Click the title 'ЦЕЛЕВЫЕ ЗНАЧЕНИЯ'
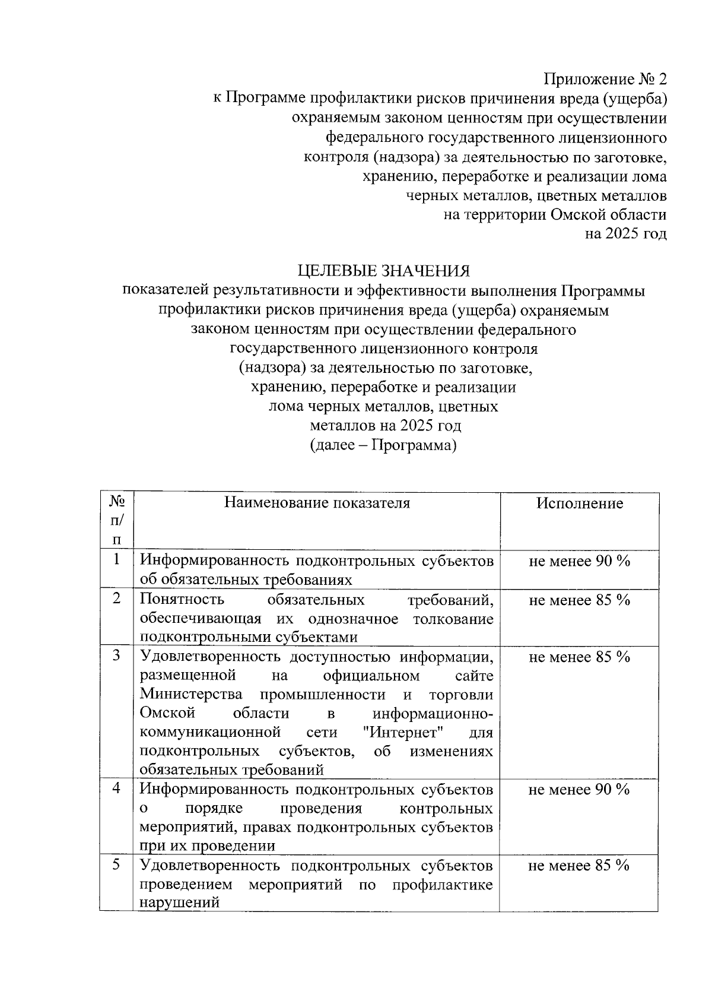(383, 271)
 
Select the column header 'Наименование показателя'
(317, 503)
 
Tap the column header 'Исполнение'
(580, 503)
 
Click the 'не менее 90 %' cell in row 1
(579, 561)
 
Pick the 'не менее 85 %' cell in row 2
(579, 600)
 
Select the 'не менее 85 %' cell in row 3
(579, 657)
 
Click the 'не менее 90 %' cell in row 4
(579, 790)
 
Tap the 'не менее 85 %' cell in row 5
(579, 866)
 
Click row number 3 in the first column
(117, 655)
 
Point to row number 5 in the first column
(117, 864)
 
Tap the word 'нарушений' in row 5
(179, 903)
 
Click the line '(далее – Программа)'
(383, 445)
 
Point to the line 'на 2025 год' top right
(625, 234)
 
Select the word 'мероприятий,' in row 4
(181, 828)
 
